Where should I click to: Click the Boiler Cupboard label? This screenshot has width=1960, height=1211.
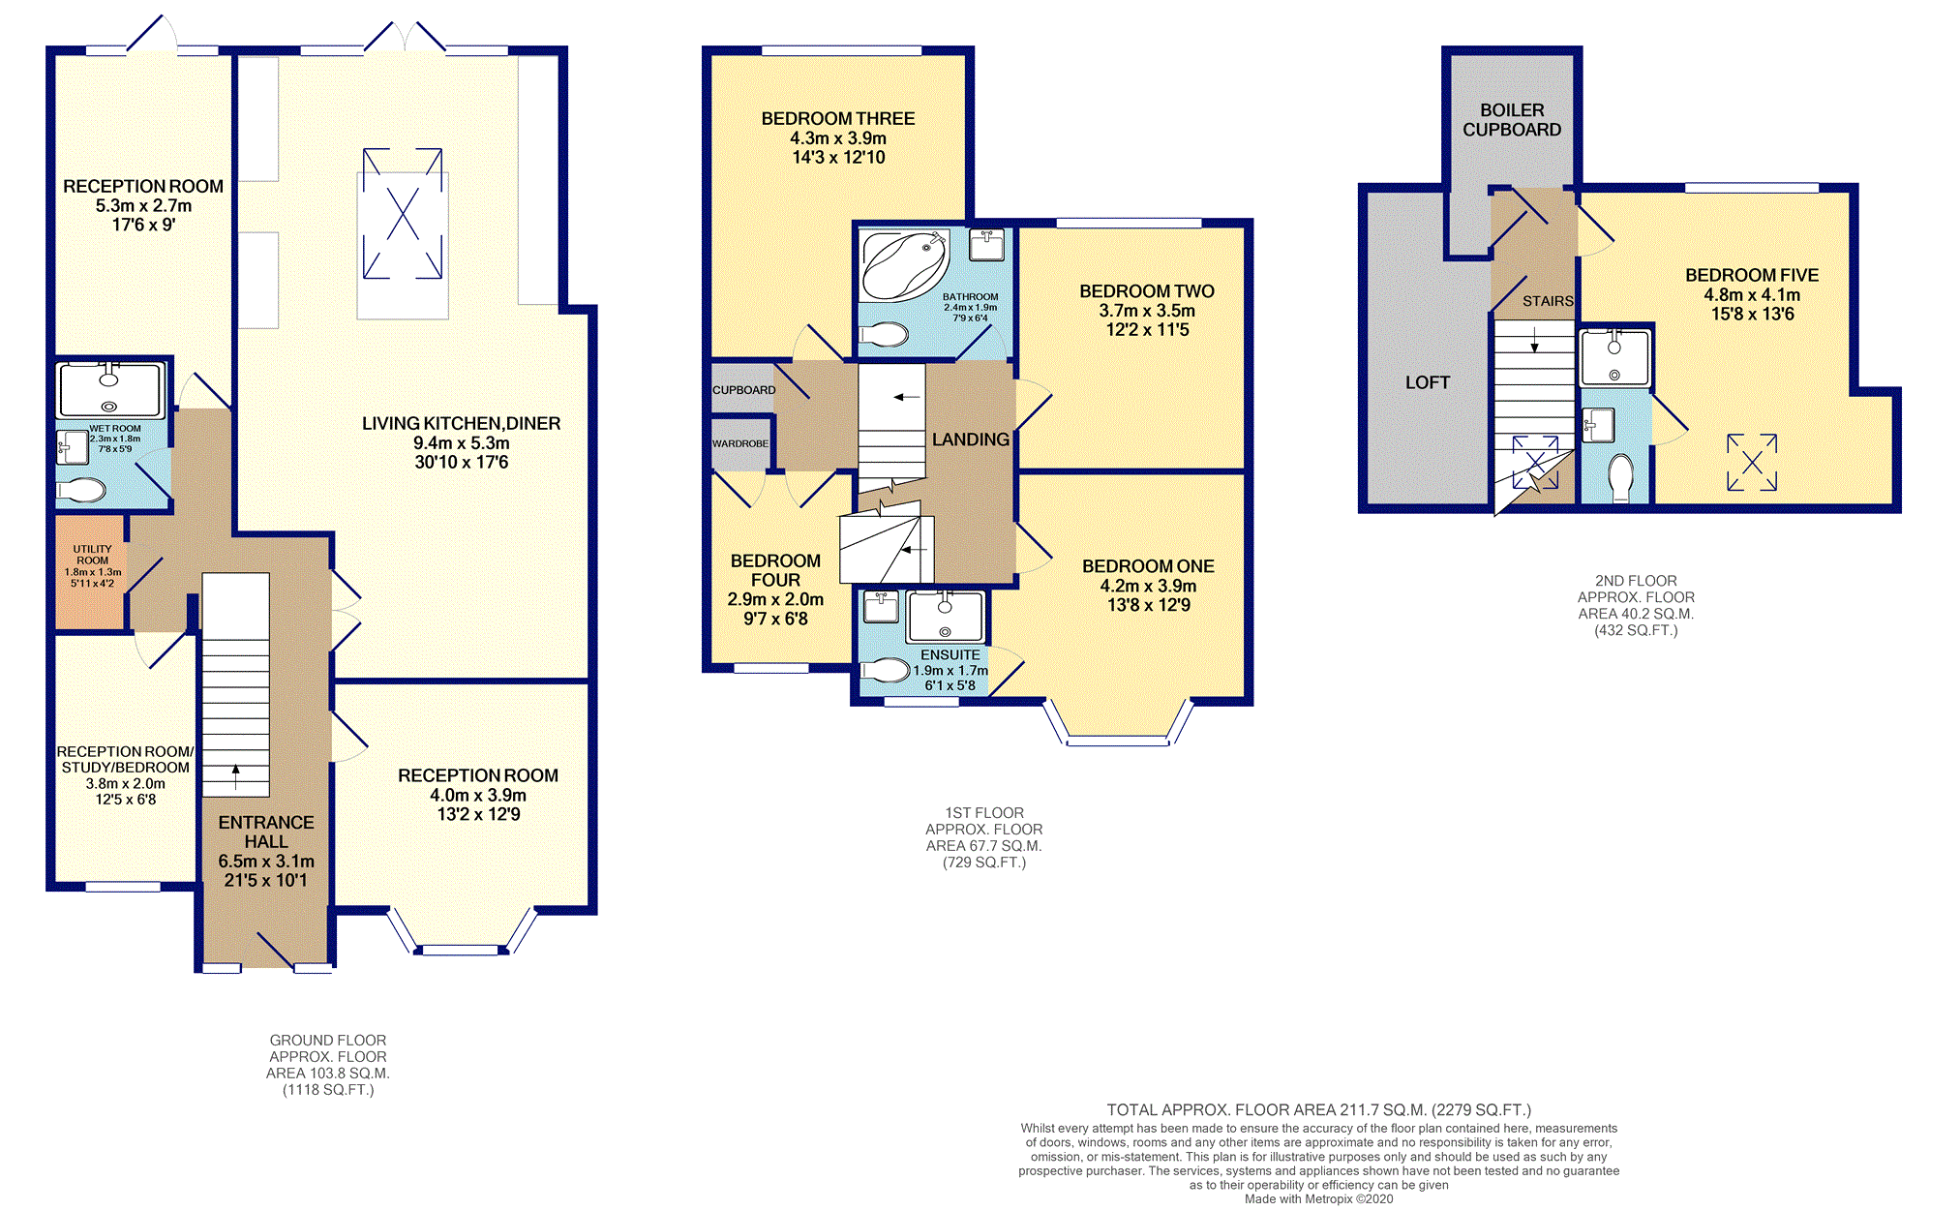[1512, 120]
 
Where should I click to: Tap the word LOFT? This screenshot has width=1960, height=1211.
[1428, 383]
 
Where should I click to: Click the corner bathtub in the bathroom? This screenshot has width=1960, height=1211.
[903, 264]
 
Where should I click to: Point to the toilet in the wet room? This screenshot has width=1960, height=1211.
[81, 491]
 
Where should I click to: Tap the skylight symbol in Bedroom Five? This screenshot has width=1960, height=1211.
[1752, 462]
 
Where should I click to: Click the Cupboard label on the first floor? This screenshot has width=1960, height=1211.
[743, 390]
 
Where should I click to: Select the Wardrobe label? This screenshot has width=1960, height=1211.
[740, 443]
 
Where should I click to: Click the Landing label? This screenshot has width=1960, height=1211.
[971, 439]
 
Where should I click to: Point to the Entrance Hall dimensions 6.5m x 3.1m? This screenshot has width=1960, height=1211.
[266, 862]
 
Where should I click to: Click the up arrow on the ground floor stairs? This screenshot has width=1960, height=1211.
[235, 776]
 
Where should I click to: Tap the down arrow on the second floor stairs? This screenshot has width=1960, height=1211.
[1534, 340]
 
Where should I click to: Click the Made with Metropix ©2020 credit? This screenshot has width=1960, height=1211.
[1319, 1199]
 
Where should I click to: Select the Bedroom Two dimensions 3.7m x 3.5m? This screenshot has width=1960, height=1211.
[1147, 311]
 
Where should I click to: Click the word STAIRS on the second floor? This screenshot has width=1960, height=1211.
[1548, 301]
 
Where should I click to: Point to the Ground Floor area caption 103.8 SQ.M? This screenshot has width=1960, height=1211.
[328, 1074]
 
